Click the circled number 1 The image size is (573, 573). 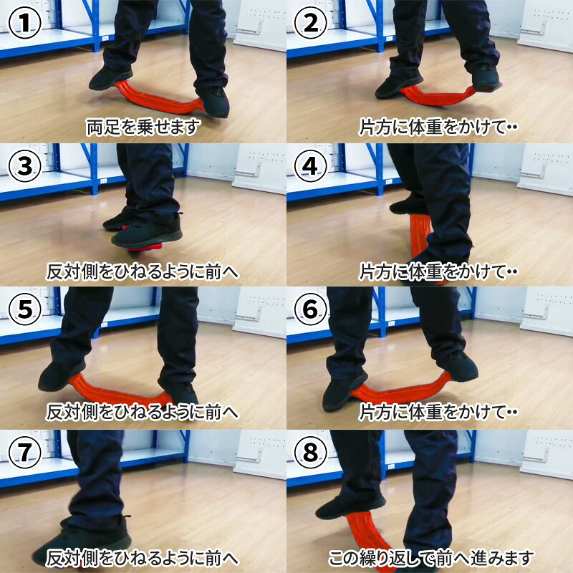[x=24, y=23]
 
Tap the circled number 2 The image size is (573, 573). [x=311, y=23]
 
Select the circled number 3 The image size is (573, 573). [x=24, y=166]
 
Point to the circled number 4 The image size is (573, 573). [x=311, y=166]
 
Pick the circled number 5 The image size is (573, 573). [x=24, y=309]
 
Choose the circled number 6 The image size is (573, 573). [x=311, y=309]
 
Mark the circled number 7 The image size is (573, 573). [x=24, y=453]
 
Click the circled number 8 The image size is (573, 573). [x=311, y=453]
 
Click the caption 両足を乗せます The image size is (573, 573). [x=143, y=127]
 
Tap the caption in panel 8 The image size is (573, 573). [x=431, y=558]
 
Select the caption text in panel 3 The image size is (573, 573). [x=143, y=271]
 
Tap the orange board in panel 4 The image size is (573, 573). [x=420, y=238]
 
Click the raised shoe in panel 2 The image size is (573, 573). [x=486, y=77]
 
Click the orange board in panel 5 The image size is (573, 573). [x=117, y=393]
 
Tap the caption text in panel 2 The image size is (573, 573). [x=438, y=127]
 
